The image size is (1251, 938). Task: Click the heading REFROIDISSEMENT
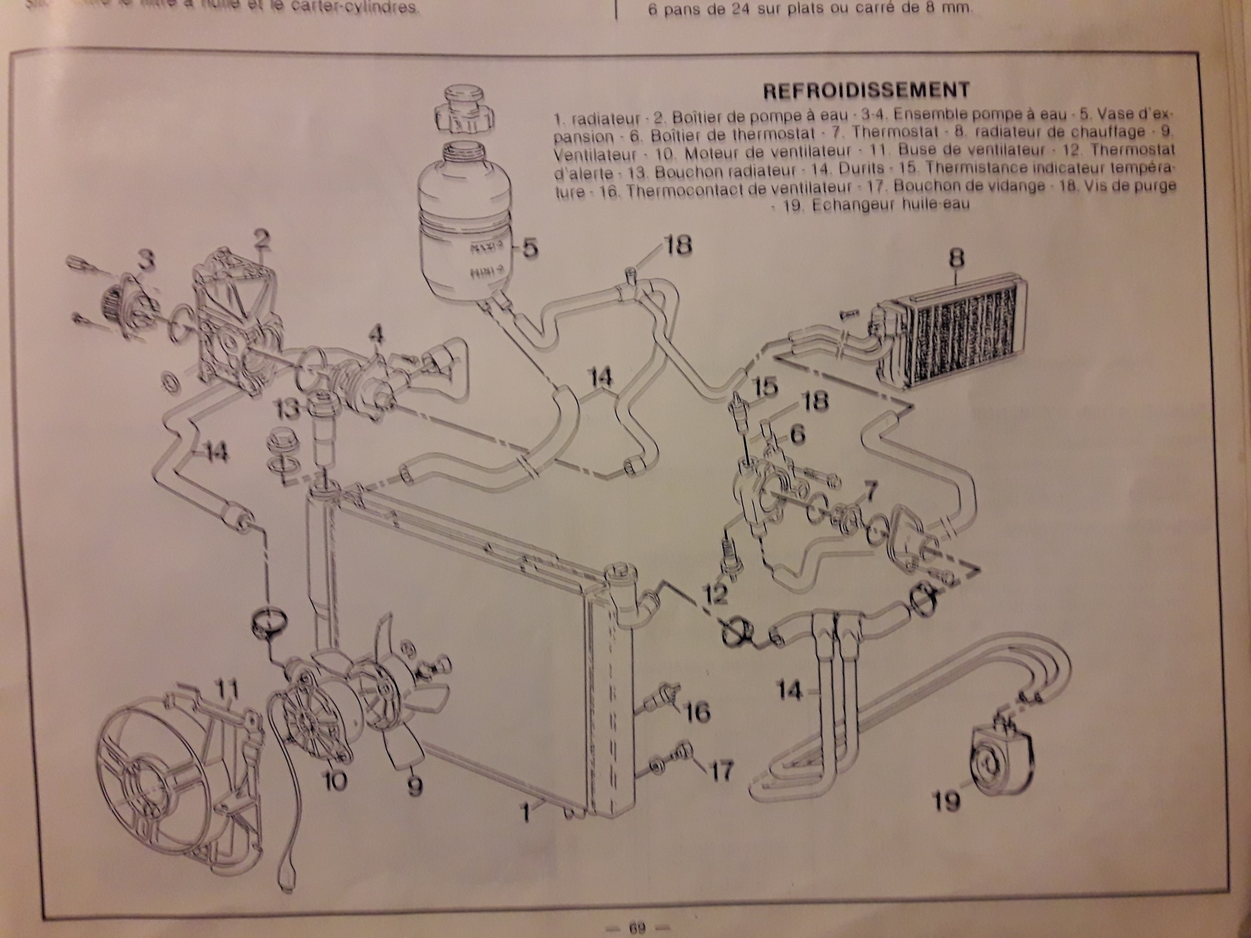pyautogui.click(x=866, y=91)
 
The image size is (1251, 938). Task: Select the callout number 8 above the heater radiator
pyautogui.click(x=956, y=258)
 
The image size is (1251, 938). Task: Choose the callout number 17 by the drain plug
pyautogui.click(x=721, y=771)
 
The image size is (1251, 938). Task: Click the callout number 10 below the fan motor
pyautogui.click(x=333, y=781)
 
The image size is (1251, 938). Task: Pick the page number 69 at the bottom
pyautogui.click(x=636, y=927)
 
